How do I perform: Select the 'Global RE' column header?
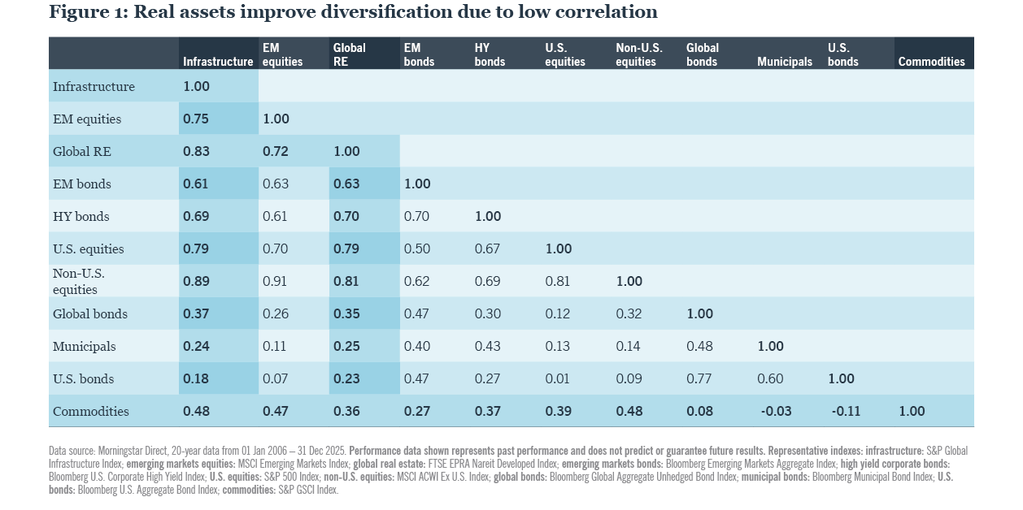point(349,54)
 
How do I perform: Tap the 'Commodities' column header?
point(931,62)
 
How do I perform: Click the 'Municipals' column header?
point(784,62)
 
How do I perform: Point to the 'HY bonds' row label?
point(81,217)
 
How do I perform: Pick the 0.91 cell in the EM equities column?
point(276,282)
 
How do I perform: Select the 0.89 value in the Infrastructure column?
point(196,282)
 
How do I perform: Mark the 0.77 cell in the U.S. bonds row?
point(699,379)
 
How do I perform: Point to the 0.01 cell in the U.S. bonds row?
point(558,379)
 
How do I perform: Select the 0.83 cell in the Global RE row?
point(196,152)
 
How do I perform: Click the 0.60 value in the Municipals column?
point(770,379)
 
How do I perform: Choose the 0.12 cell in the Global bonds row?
point(558,314)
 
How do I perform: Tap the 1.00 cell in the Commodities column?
point(912,412)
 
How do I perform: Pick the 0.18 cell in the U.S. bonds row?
point(196,379)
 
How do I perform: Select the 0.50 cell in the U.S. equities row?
point(417,249)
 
